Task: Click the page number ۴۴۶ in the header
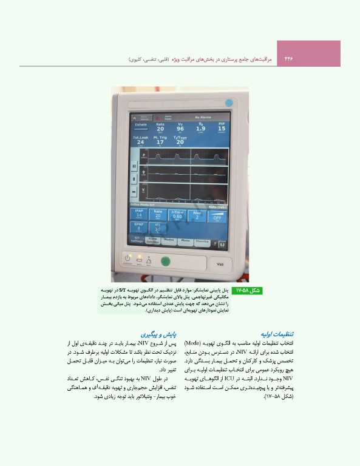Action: [288, 59]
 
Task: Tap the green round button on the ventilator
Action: [165, 262]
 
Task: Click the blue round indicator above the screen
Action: [229, 103]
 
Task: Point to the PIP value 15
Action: [221, 128]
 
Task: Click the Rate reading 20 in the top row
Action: [160, 128]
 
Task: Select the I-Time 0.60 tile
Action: [177, 214]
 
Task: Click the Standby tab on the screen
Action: [202, 241]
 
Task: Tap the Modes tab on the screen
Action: [171, 241]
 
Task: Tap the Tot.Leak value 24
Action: [140, 142]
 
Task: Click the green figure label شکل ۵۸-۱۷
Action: [247, 291]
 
